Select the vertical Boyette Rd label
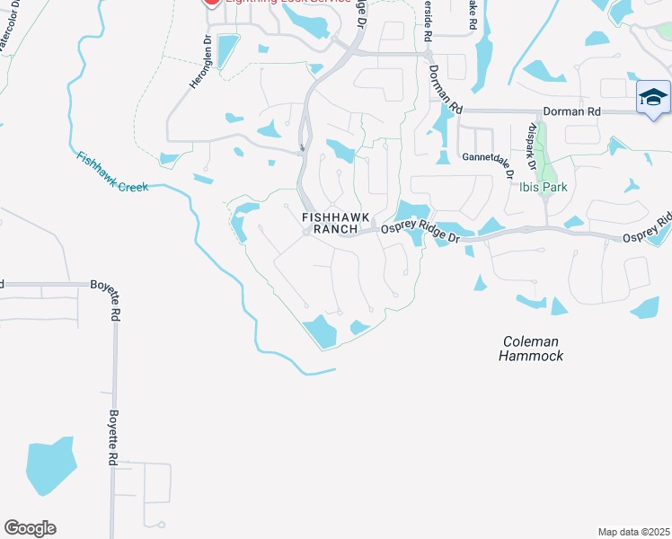coord(114,437)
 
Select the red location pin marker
coord(212,3)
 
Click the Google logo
coord(30,528)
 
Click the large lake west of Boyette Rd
coord(50,466)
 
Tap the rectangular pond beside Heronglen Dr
coord(228,51)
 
